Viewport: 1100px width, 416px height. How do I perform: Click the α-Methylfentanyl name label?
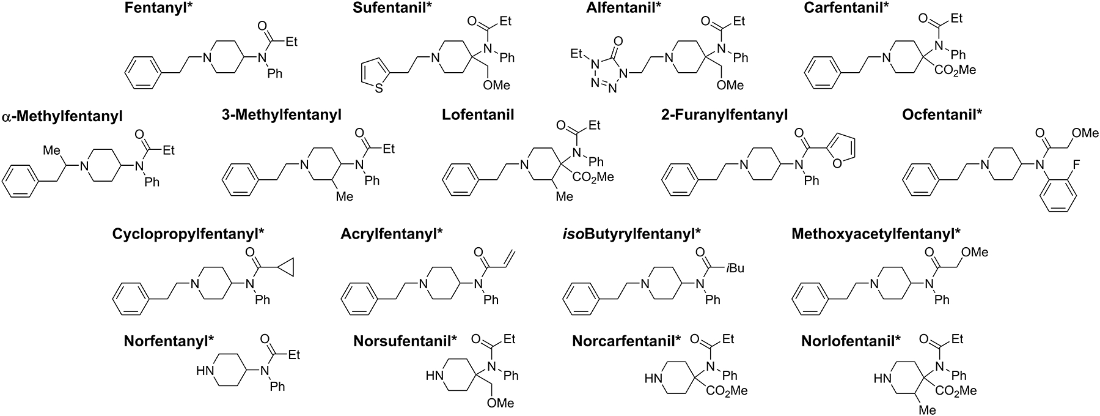[x=62, y=116]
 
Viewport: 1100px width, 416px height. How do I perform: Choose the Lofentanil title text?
[x=478, y=114]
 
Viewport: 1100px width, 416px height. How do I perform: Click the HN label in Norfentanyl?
[x=204, y=371]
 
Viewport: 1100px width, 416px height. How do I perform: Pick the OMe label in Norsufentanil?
[x=500, y=403]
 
